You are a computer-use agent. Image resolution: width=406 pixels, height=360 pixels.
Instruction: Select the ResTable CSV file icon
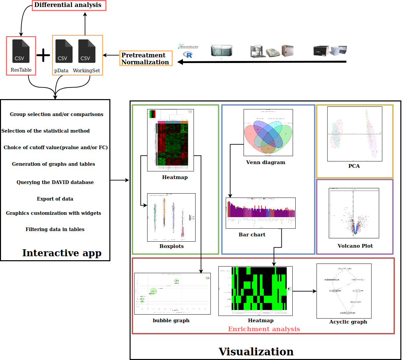(21, 51)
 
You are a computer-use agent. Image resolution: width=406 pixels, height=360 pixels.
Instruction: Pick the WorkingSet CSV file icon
(87, 51)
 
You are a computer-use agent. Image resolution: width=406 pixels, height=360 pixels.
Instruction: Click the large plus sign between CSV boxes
(43, 55)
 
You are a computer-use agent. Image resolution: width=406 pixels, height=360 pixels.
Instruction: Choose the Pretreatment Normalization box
(145, 59)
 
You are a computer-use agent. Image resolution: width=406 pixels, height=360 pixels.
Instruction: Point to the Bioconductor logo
(188, 47)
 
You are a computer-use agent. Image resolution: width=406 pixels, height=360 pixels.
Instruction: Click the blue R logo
(188, 55)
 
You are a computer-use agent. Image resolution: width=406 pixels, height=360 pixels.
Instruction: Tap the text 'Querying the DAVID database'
(55, 182)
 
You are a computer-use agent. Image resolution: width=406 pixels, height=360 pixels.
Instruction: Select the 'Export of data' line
(55, 199)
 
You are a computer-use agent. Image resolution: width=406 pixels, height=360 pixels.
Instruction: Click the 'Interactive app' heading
(62, 253)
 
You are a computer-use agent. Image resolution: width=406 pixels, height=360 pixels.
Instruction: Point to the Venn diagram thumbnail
(268, 133)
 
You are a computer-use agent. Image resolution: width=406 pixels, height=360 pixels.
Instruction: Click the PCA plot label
(354, 166)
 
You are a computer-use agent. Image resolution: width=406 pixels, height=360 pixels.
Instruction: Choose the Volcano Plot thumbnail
(354, 213)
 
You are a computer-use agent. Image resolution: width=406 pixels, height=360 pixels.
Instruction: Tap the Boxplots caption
(171, 246)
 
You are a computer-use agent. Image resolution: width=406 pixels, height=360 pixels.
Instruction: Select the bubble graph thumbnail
(172, 294)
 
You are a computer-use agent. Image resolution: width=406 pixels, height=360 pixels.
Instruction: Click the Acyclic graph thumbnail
(344, 291)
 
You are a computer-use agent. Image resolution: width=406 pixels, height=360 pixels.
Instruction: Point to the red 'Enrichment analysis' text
(264, 329)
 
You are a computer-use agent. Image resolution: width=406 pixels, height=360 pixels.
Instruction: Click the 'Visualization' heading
(256, 352)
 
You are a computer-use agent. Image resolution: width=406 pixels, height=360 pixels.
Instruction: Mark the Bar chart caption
(252, 235)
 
